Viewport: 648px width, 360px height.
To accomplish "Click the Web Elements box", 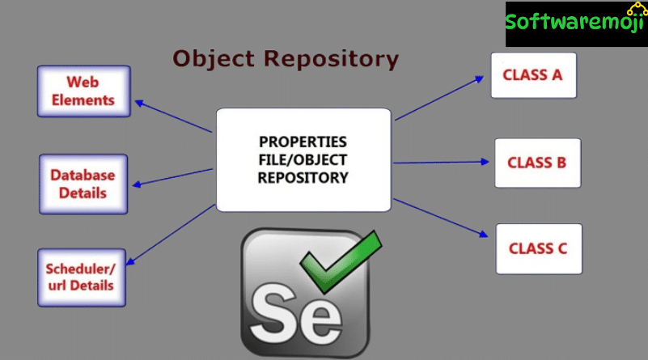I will pyautogui.click(x=83, y=91).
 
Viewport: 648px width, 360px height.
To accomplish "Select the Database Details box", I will pyautogui.click(x=83, y=184).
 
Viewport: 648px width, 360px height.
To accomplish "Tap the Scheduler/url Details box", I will pyautogui.click(x=82, y=277).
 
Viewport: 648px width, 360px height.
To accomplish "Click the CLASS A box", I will pyautogui.click(x=533, y=75).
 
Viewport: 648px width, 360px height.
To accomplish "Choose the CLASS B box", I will pyautogui.click(x=537, y=163).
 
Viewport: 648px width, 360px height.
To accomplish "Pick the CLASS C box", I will pyautogui.click(x=538, y=248).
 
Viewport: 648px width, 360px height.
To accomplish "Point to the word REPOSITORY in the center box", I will pyautogui.click(x=303, y=177).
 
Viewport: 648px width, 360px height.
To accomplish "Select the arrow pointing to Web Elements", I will pyautogui.click(x=174, y=116).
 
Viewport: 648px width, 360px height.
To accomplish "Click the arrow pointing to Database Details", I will pyautogui.click(x=172, y=177).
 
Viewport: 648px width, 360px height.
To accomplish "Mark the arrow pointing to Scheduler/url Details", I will pyautogui.click(x=169, y=235).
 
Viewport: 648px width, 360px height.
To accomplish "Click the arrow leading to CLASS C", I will pyautogui.click(x=442, y=218).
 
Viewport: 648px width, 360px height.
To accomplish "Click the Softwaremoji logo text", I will pyautogui.click(x=575, y=22).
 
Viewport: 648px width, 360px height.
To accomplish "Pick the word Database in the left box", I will pyautogui.click(x=83, y=175).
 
